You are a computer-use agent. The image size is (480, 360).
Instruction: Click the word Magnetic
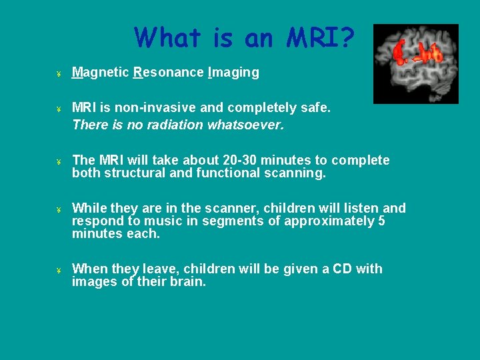point(100,73)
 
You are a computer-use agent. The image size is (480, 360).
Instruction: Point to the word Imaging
point(233,73)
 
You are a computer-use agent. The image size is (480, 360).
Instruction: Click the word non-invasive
point(151,107)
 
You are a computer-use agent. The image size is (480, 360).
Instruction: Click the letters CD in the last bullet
point(342,269)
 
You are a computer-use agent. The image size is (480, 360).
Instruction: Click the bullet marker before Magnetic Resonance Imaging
point(59,73)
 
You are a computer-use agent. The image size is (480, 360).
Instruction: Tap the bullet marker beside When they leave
point(59,270)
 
